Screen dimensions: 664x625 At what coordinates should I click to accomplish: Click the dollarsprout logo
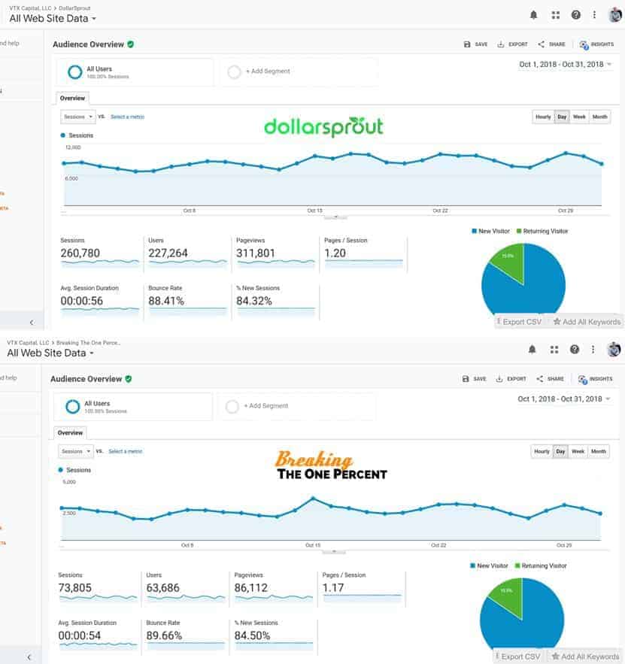tap(323, 127)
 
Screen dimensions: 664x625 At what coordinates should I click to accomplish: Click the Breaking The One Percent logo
tap(331, 466)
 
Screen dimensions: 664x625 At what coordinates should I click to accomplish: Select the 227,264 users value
tap(168, 253)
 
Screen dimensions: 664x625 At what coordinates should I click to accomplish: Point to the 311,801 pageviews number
tap(256, 253)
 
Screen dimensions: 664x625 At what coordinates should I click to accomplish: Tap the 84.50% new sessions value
tap(254, 635)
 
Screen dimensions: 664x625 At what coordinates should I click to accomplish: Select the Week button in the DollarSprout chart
tap(579, 117)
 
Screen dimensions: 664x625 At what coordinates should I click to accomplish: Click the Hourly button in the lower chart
tap(542, 451)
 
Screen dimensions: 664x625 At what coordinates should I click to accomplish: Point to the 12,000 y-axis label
tap(72, 147)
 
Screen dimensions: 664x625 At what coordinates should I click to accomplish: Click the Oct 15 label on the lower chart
tap(314, 544)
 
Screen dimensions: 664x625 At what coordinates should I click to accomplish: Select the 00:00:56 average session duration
tap(82, 301)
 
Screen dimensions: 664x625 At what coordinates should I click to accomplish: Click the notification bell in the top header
tap(533, 14)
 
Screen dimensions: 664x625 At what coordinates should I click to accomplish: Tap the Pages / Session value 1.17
tap(333, 588)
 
